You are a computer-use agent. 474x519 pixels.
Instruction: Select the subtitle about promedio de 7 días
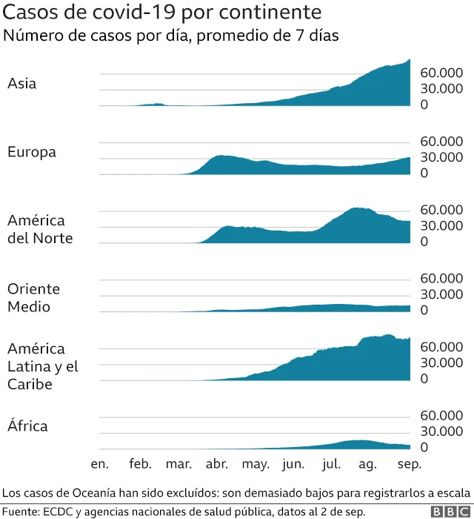[x=171, y=36]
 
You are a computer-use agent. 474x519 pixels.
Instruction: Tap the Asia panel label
[x=21, y=84]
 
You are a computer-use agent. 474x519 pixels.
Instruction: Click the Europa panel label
[x=32, y=152]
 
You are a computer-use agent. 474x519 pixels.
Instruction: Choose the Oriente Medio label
[x=33, y=297]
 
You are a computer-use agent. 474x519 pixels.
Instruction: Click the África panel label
[x=29, y=426]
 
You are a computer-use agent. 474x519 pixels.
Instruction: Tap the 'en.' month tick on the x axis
[x=99, y=464]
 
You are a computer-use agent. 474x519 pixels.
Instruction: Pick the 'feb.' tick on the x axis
[x=140, y=464]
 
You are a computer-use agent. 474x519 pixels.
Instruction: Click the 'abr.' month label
[x=216, y=464]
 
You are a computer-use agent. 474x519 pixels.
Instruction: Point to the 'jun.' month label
[x=293, y=464]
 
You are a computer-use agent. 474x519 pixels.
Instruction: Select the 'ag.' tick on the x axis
[x=367, y=464]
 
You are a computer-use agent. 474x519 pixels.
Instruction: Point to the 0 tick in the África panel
[x=424, y=447]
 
